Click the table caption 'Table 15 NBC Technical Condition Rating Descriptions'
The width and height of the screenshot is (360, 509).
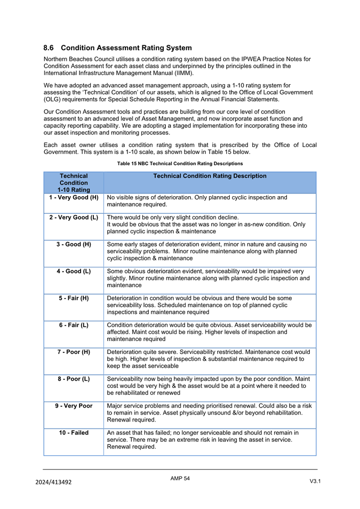180,163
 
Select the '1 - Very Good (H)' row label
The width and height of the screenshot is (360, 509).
74,197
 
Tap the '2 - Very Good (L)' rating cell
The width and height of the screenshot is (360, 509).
74,217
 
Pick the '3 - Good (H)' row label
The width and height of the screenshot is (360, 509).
74,244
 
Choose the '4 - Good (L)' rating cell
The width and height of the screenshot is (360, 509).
74,271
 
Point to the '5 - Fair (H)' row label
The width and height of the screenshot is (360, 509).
74,298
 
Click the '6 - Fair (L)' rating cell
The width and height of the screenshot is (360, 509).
74,325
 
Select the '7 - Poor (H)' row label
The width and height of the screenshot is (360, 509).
74,352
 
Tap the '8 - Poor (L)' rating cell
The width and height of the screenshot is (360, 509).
74,379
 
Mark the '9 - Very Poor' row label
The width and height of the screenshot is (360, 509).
74,406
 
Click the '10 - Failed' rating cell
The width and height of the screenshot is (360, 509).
74,433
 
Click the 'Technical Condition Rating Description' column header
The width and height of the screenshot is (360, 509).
210,176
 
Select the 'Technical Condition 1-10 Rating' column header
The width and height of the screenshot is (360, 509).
74,182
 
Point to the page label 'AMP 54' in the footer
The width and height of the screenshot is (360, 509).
180,479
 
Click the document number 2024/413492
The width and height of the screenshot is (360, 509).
53,482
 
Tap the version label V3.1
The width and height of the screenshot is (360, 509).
315,481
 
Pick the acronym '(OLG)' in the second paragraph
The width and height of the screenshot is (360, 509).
52,99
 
